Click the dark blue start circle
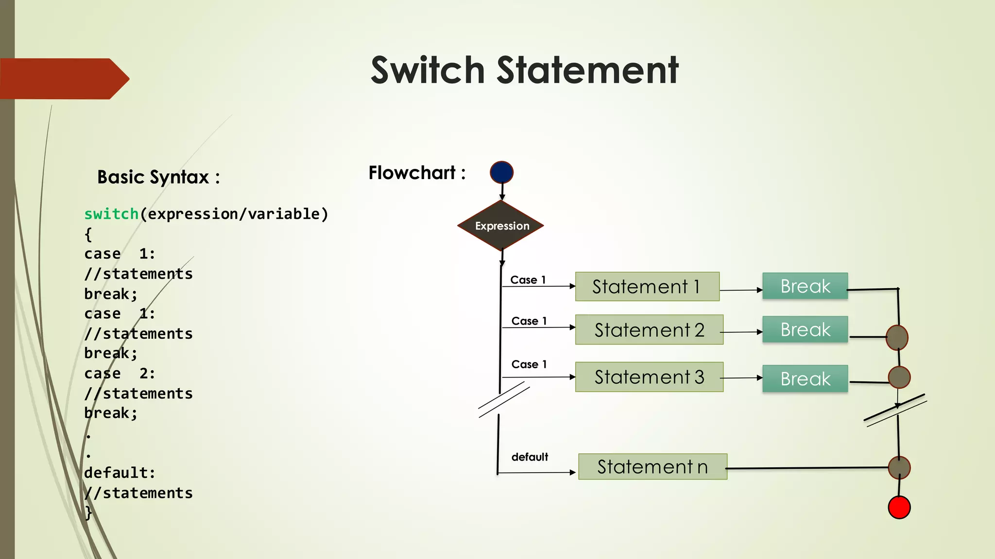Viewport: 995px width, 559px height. [502, 172]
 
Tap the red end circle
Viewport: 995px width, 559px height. [899, 508]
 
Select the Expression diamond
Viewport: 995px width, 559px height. [501, 226]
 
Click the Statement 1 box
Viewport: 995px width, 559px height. [647, 287]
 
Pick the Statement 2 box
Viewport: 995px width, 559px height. [649, 330]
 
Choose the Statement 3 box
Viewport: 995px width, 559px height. [649, 377]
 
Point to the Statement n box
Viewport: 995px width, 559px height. [652, 467]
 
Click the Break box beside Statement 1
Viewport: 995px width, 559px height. [805, 286]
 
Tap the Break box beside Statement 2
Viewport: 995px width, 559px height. [805, 329]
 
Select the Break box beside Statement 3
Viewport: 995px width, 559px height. [805, 378]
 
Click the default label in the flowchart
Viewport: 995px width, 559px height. [530, 457]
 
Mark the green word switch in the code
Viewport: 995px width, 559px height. [111, 214]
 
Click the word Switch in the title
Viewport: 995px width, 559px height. [428, 70]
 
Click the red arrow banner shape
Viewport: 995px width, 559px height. [63, 79]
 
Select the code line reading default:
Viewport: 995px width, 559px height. [120, 473]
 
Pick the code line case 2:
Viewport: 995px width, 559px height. [120, 374]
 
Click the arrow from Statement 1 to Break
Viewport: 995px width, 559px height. [741, 290]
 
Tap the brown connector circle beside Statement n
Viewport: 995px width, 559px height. [899, 468]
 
